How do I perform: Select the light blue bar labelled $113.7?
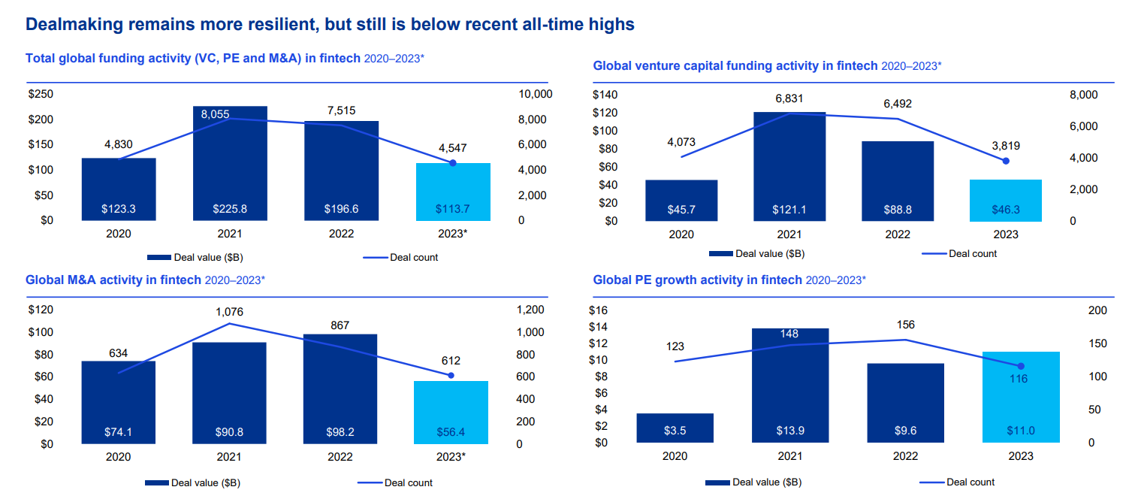coord(452,192)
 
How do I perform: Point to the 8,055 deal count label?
coord(215,114)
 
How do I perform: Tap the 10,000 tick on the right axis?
coord(535,94)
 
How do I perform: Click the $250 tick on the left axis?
coord(41,94)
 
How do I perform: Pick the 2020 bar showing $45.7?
coord(681,201)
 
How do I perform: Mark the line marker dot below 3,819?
coord(1006,161)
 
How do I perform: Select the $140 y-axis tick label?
coord(605,95)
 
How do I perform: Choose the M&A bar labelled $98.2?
coord(340,389)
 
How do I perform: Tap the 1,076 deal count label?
coord(228,311)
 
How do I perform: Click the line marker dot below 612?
coord(451,375)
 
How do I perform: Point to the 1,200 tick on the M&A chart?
coord(530,310)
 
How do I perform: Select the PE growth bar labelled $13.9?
coord(790,386)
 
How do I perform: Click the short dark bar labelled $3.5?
coord(675,428)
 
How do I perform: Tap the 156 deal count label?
coord(905,325)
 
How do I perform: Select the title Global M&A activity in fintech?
coord(113,280)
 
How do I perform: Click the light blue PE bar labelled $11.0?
coord(1021,397)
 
